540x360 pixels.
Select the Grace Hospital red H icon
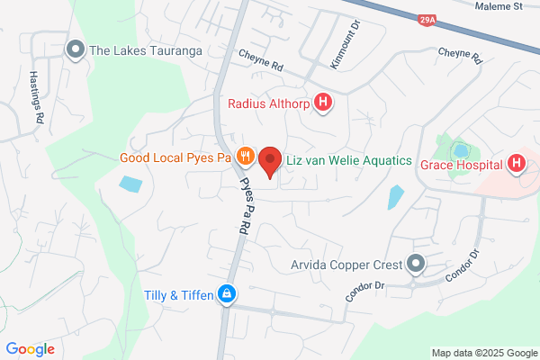pos(516,163)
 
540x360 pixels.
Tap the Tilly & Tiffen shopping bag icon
pos(229,294)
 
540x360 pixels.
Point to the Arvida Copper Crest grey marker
pos(415,264)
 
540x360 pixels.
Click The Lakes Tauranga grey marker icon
pos(76,49)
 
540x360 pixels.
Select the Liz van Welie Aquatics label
pos(348,159)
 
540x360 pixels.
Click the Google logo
pos(30,348)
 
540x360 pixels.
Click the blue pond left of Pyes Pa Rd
pos(130,184)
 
